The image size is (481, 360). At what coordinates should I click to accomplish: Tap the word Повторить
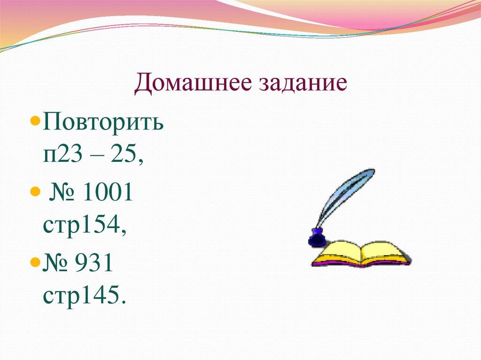pyautogui.click(x=103, y=125)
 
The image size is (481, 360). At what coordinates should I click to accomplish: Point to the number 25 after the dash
pyautogui.click(x=124, y=154)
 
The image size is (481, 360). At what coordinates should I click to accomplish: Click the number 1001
pyautogui.click(x=107, y=193)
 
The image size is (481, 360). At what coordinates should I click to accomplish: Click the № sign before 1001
pyautogui.click(x=63, y=193)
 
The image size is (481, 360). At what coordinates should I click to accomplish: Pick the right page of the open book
pyautogui.click(x=385, y=252)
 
